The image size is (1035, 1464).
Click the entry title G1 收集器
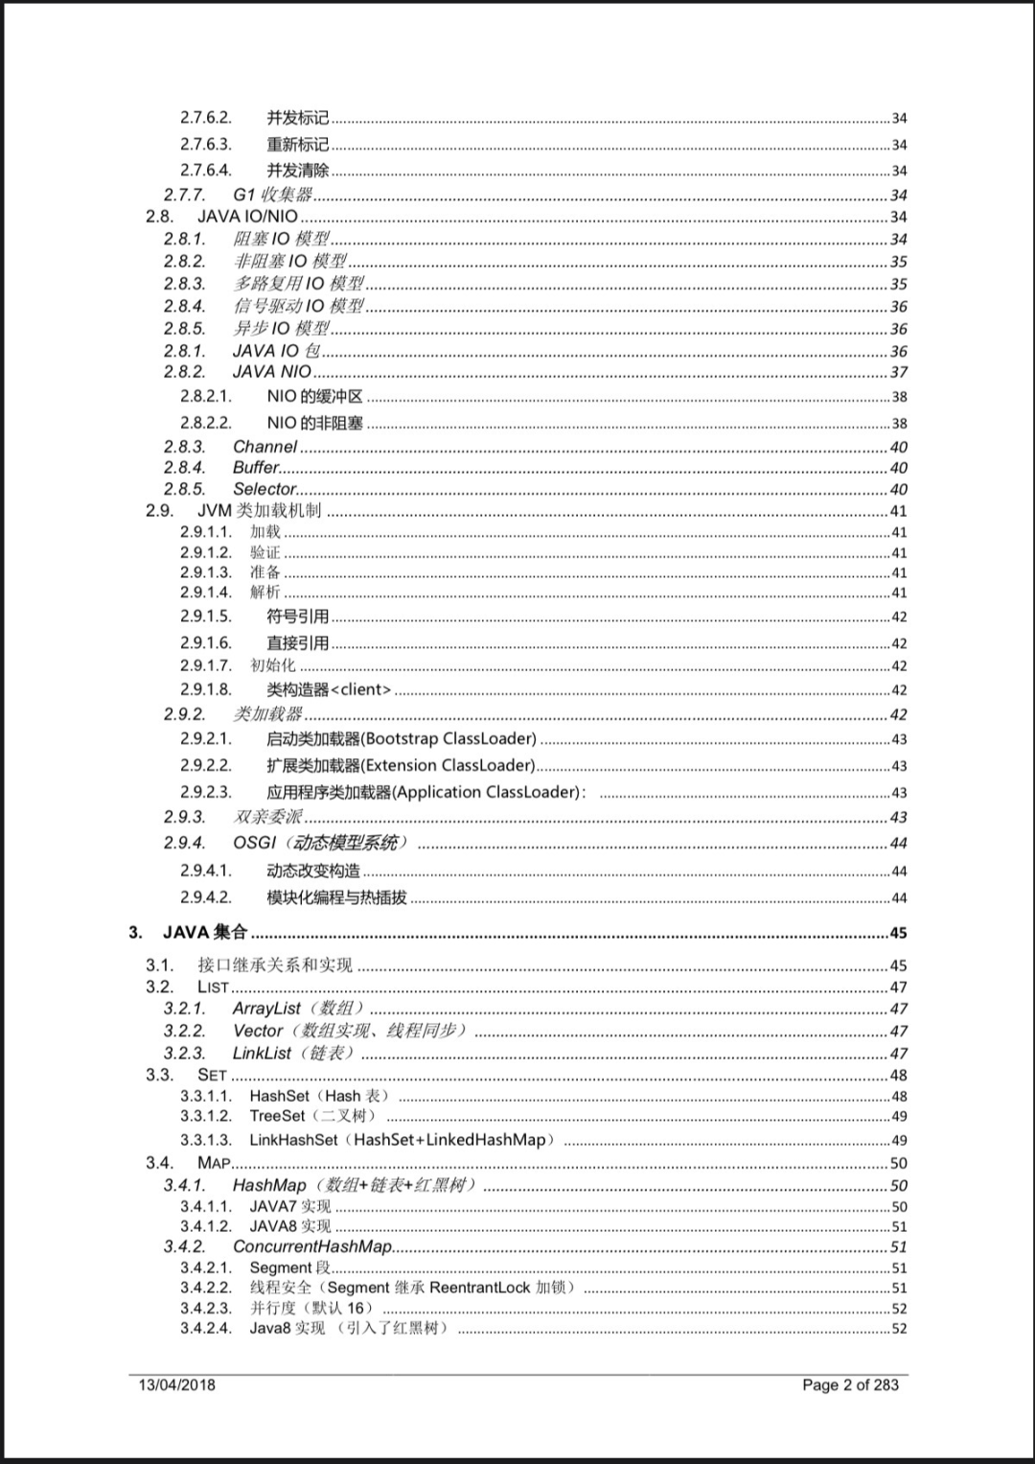pyautogui.click(x=273, y=195)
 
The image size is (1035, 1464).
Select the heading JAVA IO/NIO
pyautogui.click(x=247, y=217)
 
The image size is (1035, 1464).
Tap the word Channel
pyautogui.click(x=264, y=447)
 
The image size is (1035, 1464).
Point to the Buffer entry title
pyautogui.click(x=256, y=468)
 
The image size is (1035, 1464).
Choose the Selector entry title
pyautogui.click(x=264, y=489)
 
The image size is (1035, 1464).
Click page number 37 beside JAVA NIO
pyautogui.click(x=898, y=372)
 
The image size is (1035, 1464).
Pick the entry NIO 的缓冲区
pyautogui.click(x=314, y=397)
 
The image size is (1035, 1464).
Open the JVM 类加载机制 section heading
pyautogui.click(x=259, y=511)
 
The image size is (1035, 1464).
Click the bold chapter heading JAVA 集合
pyautogui.click(x=204, y=932)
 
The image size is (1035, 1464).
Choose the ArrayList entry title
pyautogui.click(x=266, y=1009)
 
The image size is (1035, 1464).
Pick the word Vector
pyautogui.click(x=258, y=1031)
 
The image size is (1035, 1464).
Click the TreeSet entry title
pyautogui.click(x=277, y=1116)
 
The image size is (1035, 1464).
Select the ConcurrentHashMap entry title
pyautogui.click(x=312, y=1246)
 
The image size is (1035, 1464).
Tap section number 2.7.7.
pyautogui.click(x=184, y=195)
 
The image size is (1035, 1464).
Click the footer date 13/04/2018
pyautogui.click(x=177, y=1384)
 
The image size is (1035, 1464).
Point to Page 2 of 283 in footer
pyautogui.click(x=850, y=1384)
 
